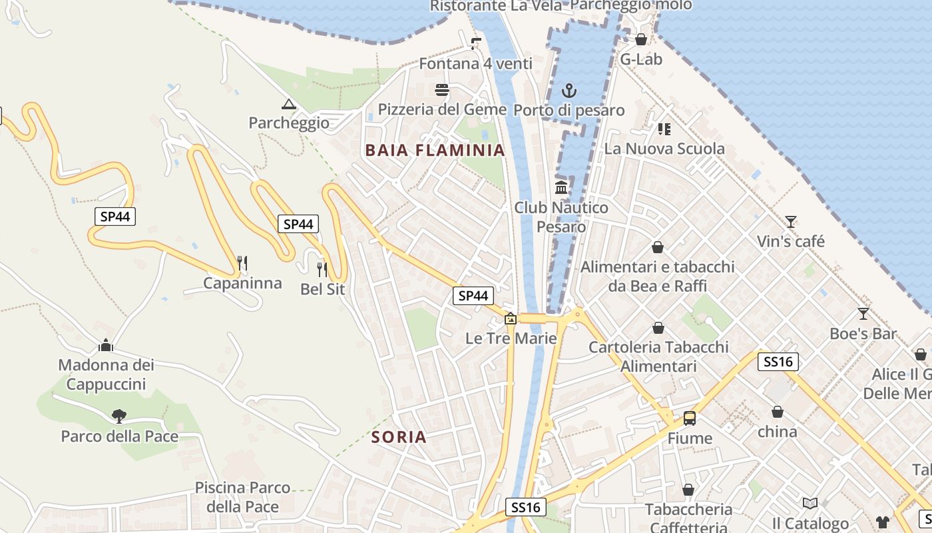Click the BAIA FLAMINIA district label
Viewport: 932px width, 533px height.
[435, 151]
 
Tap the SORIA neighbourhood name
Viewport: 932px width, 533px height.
[399, 437]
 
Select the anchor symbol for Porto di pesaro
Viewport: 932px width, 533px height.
[569, 91]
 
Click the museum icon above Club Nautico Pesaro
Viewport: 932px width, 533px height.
[561, 188]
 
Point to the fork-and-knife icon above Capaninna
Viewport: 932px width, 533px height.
[242, 263]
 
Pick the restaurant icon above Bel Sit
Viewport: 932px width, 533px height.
[322, 269]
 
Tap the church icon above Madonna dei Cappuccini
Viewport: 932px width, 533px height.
[106, 345]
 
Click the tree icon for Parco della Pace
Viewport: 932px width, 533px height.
[119, 416]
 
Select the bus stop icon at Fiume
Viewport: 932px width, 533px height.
[690, 418]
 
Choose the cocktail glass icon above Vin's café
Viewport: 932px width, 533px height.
[790, 221]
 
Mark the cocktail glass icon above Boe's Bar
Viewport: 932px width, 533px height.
[863, 313]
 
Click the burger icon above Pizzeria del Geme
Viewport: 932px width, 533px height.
[442, 90]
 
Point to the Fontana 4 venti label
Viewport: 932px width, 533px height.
[475, 64]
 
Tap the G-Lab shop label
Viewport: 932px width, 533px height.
[641, 59]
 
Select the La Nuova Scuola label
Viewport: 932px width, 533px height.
[664, 149]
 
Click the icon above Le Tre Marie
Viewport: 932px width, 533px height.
[511, 318]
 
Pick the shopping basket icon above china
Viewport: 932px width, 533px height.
[777, 412]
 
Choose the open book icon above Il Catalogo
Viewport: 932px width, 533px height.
[810, 503]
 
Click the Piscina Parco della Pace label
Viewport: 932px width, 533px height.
[242, 497]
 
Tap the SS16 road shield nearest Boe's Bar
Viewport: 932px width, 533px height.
[778, 362]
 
